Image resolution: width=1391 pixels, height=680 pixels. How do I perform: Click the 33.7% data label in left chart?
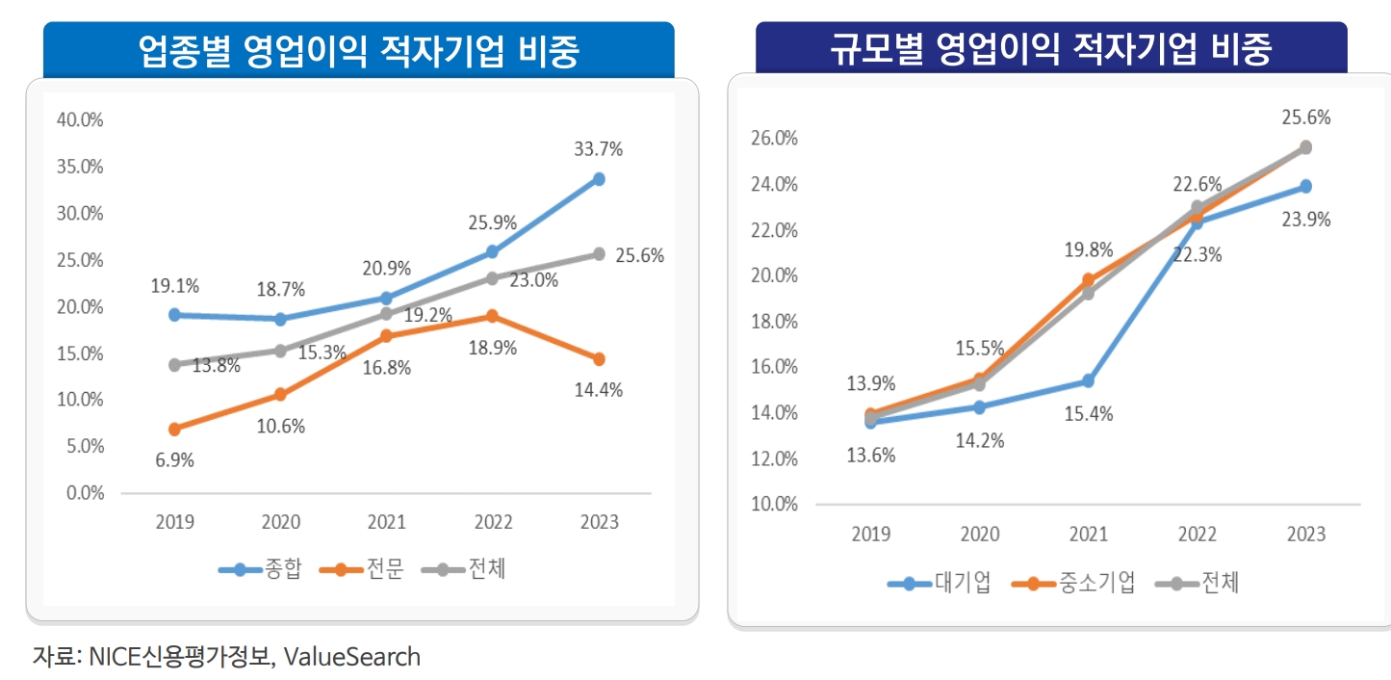click(x=599, y=149)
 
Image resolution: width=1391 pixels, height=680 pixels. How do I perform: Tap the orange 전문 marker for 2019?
click(x=174, y=429)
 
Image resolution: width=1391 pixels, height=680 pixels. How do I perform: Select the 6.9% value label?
click(x=174, y=460)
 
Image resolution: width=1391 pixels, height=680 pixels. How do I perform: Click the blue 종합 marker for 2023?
click(x=599, y=179)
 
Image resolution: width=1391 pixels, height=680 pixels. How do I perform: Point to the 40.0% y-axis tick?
click(x=81, y=120)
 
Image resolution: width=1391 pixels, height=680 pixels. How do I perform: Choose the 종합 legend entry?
click(x=261, y=569)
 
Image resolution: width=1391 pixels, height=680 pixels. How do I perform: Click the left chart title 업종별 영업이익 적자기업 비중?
click(x=359, y=51)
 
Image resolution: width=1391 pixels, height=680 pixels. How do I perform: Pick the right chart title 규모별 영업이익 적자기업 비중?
click(x=1051, y=48)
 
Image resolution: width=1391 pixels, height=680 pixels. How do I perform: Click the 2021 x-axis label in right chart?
click(x=1088, y=535)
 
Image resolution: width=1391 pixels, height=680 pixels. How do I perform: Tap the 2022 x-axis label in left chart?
click(x=493, y=523)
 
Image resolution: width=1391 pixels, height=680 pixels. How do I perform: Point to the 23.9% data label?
click(x=1306, y=220)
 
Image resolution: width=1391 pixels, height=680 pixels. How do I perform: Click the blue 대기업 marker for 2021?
click(x=1088, y=381)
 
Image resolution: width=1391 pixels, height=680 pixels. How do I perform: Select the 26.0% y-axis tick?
click(x=774, y=138)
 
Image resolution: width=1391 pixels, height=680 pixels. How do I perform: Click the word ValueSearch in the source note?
click(x=352, y=658)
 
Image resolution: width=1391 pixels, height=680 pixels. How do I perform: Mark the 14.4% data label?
click(x=599, y=390)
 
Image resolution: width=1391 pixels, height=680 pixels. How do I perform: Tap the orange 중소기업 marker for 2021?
click(x=1088, y=280)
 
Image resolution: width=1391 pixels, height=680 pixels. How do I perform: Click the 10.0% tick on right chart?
click(x=774, y=504)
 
